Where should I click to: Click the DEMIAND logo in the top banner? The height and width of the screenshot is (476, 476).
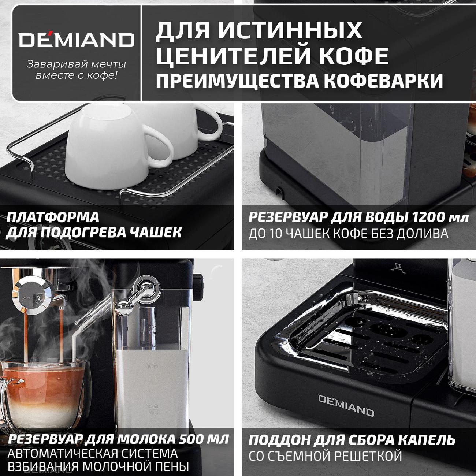click(77, 40)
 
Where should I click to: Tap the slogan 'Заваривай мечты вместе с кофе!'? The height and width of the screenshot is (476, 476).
click(77, 70)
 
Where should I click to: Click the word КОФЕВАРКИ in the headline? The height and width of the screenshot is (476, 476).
click(383, 81)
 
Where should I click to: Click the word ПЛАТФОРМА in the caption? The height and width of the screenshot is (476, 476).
click(53, 217)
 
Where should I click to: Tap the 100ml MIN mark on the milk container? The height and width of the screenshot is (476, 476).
click(153, 409)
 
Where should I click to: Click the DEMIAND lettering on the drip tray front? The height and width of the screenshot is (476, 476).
click(346, 405)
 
